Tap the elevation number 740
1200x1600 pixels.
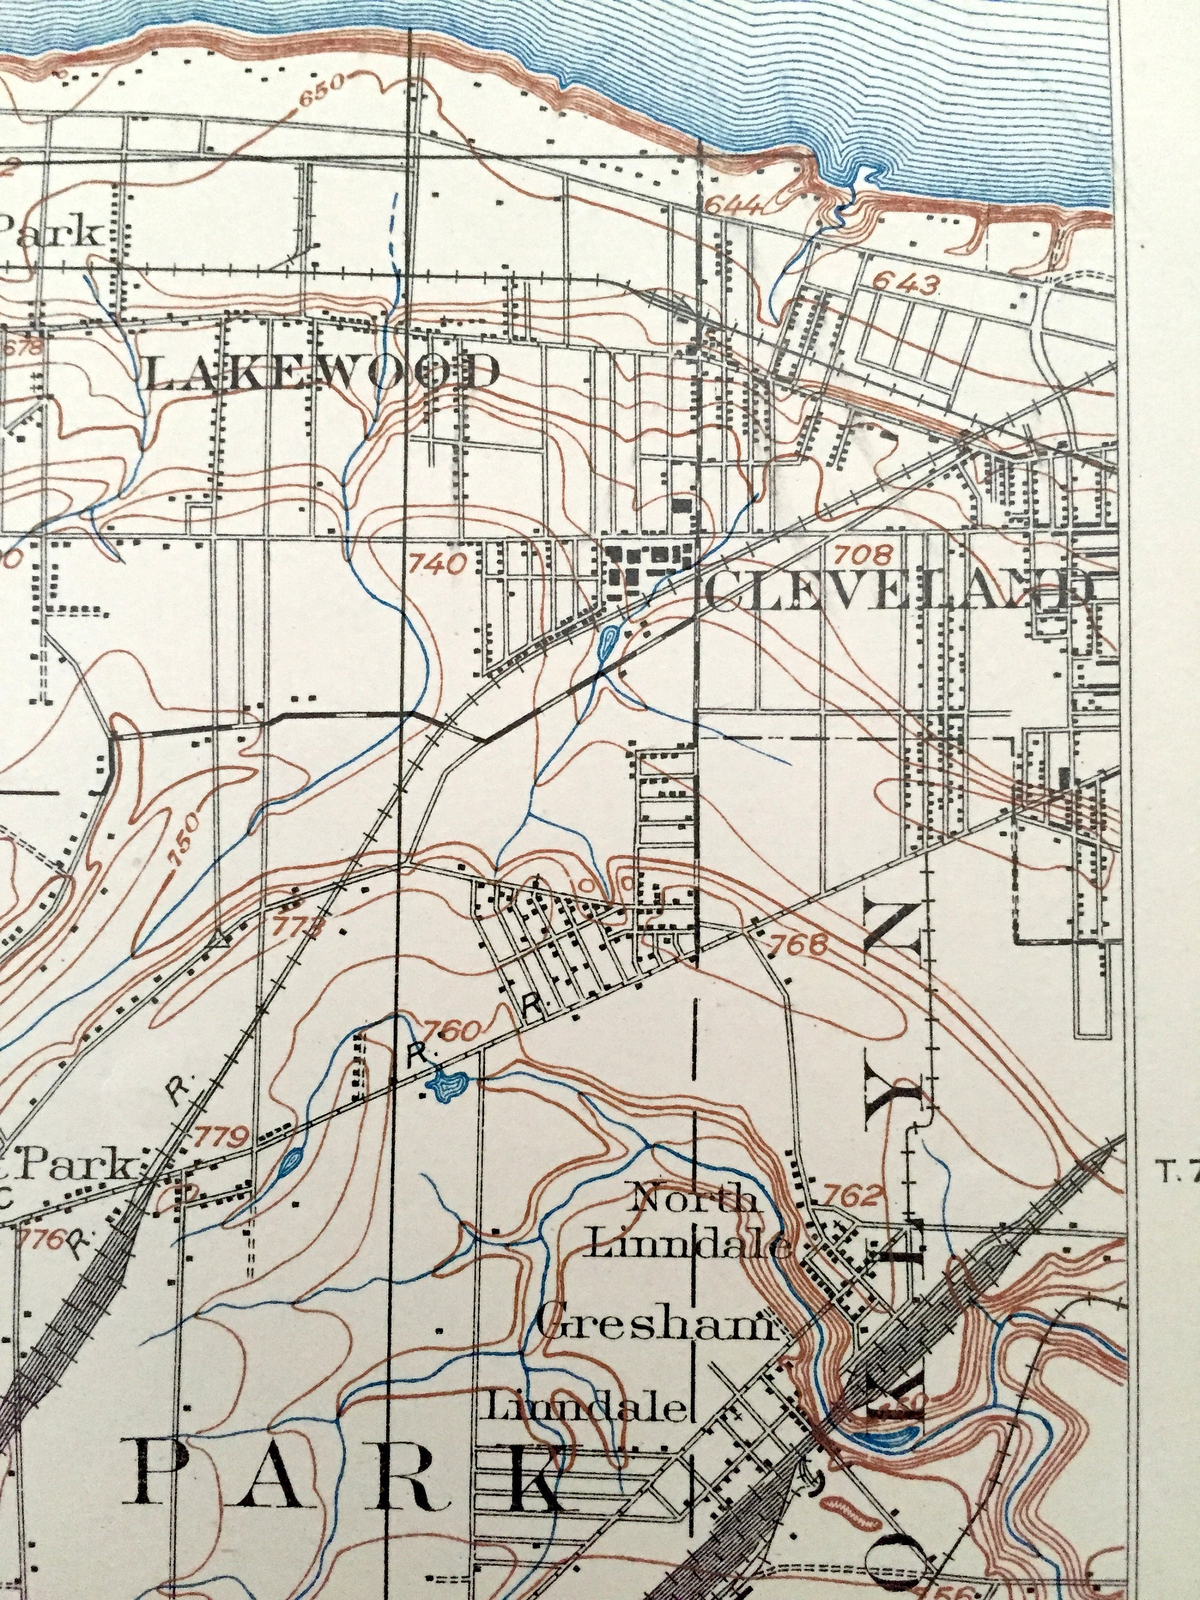pyautogui.click(x=436, y=562)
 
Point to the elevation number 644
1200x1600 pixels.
pyautogui.click(x=733, y=207)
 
